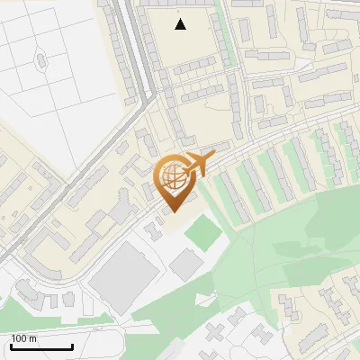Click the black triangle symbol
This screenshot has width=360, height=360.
pyautogui.click(x=181, y=24)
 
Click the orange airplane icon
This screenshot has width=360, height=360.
pyautogui.click(x=199, y=165)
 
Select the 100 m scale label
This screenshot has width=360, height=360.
pyautogui.click(x=24, y=338)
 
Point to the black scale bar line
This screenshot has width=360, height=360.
pyautogui.click(x=42, y=346)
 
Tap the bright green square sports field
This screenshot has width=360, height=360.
pyautogui.click(x=203, y=235)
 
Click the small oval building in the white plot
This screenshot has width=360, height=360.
pyautogui.click(x=40, y=60)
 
